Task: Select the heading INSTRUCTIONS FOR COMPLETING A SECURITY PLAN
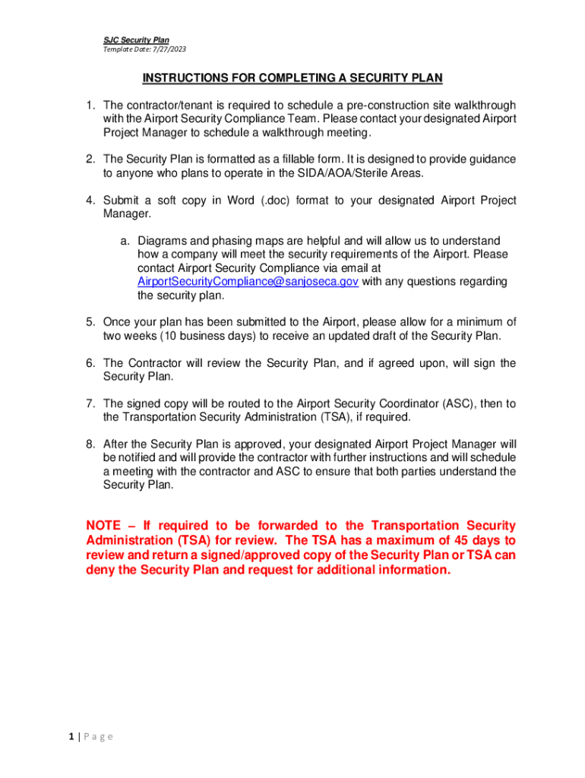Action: (292, 78)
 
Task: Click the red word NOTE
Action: (106, 526)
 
